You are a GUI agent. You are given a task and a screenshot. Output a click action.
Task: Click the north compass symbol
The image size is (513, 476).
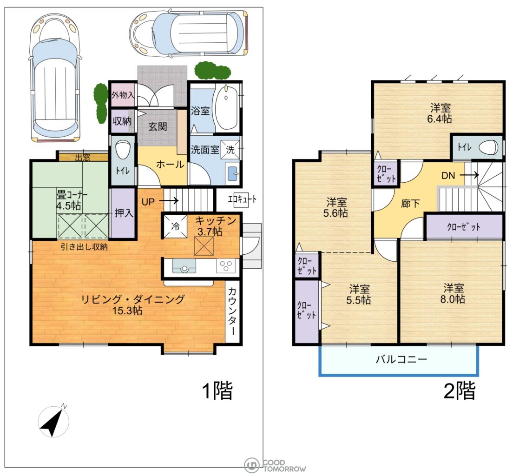click(x=53, y=422)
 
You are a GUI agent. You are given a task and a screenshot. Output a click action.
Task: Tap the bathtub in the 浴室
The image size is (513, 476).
click(x=225, y=108)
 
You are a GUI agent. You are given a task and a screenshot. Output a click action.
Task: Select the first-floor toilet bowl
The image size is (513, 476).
click(x=123, y=151)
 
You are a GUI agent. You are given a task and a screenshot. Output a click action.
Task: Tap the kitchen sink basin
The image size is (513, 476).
click(x=184, y=266)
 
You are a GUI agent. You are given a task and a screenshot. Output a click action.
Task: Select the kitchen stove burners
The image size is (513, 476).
click(x=225, y=266)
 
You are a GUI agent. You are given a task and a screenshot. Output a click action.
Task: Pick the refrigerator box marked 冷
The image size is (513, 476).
click(x=175, y=226)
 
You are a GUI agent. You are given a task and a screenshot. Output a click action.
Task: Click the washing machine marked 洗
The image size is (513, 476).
click(x=230, y=150)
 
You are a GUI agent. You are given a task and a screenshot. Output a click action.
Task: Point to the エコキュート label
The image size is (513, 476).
click(x=242, y=198)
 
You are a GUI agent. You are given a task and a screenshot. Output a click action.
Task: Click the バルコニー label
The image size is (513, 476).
click(x=401, y=359)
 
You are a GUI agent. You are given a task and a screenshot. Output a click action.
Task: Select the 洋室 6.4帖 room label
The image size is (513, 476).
click(x=440, y=113)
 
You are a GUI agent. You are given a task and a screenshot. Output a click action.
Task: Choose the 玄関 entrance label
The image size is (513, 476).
click(x=158, y=126)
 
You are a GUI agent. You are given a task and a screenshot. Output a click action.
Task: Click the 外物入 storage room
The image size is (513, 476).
click(x=123, y=95)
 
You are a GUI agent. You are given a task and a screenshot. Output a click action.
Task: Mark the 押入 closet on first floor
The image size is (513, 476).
click(x=123, y=213)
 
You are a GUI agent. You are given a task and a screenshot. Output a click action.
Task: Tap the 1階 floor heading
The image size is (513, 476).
click(x=218, y=390)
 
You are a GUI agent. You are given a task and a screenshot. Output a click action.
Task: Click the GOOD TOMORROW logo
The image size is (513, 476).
click(x=275, y=465)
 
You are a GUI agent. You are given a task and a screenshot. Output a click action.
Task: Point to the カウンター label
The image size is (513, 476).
click(x=232, y=311)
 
